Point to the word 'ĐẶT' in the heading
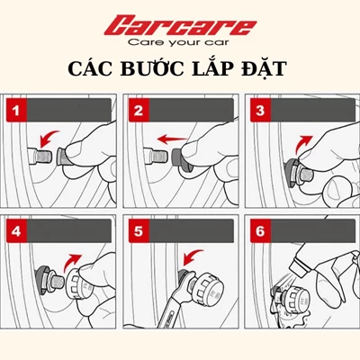tap(269, 70)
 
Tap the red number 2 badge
tap(139, 111)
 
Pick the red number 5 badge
tap(139, 230)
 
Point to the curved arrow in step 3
tap(303, 140)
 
